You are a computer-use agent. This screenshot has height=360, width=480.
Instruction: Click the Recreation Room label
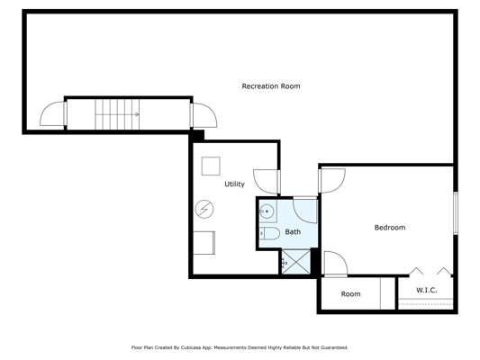click(271, 86)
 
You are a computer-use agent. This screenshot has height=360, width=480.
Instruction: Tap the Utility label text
click(234, 184)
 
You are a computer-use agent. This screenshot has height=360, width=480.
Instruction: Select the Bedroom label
click(390, 228)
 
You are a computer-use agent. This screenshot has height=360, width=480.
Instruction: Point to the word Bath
click(293, 232)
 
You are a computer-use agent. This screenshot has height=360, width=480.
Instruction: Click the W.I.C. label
click(427, 290)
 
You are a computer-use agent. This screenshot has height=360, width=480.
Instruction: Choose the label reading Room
click(350, 294)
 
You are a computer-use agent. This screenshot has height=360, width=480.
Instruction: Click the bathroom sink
click(267, 211)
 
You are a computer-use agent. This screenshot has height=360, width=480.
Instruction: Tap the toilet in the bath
click(269, 233)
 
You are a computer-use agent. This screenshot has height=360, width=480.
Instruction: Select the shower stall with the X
click(296, 262)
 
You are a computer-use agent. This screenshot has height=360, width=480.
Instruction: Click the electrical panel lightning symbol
click(204, 209)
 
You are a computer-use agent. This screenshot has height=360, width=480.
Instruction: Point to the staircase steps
click(117, 114)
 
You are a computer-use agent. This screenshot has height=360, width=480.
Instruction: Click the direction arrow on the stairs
click(137, 114)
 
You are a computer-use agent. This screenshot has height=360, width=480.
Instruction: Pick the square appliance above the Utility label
click(211, 166)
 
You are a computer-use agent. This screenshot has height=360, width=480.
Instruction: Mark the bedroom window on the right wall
click(456, 213)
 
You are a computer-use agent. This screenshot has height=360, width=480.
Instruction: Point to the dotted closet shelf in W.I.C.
click(426, 304)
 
